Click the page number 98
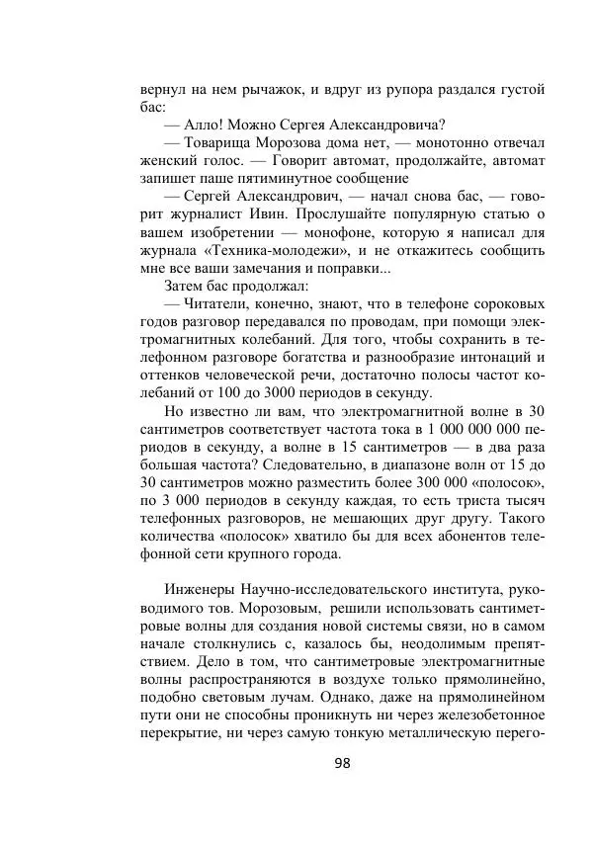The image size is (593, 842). tap(343, 762)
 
